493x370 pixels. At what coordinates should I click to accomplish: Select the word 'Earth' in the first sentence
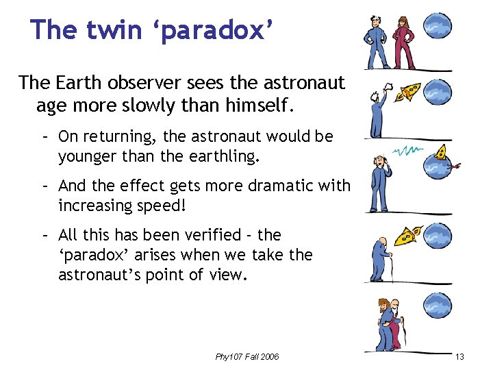coord(80,83)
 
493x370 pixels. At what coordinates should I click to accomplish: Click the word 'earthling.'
coord(221,156)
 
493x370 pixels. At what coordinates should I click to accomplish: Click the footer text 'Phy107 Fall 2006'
coord(246,357)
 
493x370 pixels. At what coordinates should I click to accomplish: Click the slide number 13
coord(459,357)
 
